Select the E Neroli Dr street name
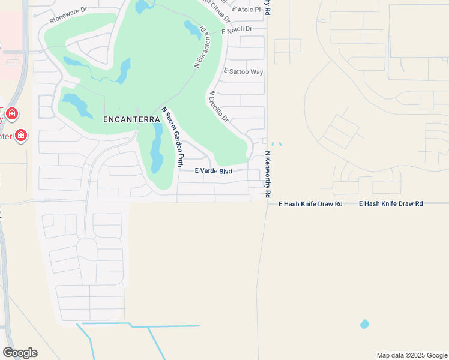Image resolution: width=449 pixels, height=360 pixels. pyautogui.click(x=236, y=29)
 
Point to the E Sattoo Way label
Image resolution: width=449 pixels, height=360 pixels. pyautogui.click(x=243, y=71)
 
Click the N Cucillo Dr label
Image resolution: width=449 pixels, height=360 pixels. pyautogui.click(x=218, y=106)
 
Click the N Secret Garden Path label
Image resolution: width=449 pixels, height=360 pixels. pyautogui.click(x=172, y=137)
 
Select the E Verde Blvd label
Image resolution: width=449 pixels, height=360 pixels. pyautogui.click(x=213, y=171)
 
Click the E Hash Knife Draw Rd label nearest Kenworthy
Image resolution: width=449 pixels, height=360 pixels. pyautogui.click(x=310, y=204)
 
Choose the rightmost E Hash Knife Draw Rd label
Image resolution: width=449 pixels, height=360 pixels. pyautogui.click(x=391, y=204)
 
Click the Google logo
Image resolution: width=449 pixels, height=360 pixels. pyautogui.click(x=20, y=353)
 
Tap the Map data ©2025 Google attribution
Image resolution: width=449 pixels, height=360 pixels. pyautogui.click(x=411, y=355)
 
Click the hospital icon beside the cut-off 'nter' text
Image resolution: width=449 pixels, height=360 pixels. pyautogui.click(x=21, y=136)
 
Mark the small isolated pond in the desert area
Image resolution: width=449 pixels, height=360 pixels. pyautogui.click(x=364, y=324)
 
